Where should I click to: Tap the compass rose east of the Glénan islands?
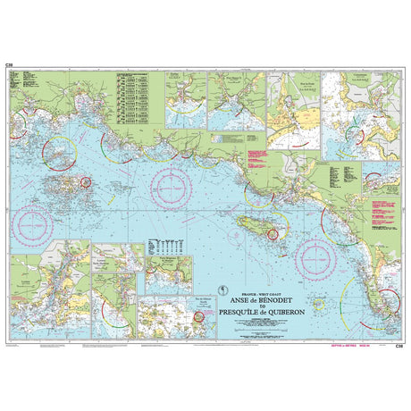(170, 186)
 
